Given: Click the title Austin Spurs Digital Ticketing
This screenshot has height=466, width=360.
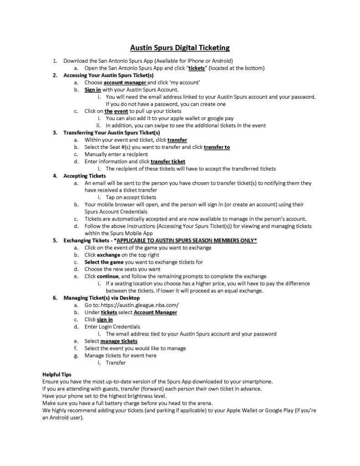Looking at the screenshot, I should click(x=180, y=47).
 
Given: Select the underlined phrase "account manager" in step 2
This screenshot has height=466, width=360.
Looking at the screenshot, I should click(x=125, y=82).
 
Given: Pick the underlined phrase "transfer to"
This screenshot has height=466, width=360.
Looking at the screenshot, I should click(x=217, y=147).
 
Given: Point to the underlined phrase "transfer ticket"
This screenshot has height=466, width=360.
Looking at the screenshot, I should click(x=168, y=161).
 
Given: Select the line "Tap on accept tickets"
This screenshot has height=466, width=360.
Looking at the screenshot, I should click(x=131, y=197).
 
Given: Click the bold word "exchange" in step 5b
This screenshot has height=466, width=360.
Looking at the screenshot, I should click(x=108, y=255).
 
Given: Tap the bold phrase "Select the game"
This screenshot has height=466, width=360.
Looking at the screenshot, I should click(x=103, y=262).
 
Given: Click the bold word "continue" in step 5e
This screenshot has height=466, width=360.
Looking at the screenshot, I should click(x=107, y=276).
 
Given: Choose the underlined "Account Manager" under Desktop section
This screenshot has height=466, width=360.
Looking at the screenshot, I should click(x=155, y=312).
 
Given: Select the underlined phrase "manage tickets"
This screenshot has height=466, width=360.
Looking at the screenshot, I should click(x=119, y=341).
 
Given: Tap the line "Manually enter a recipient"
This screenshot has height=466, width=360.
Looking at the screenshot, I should click(x=116, y=154).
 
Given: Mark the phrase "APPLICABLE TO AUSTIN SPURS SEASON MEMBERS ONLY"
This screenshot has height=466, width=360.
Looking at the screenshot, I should click(x=187, y=240).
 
